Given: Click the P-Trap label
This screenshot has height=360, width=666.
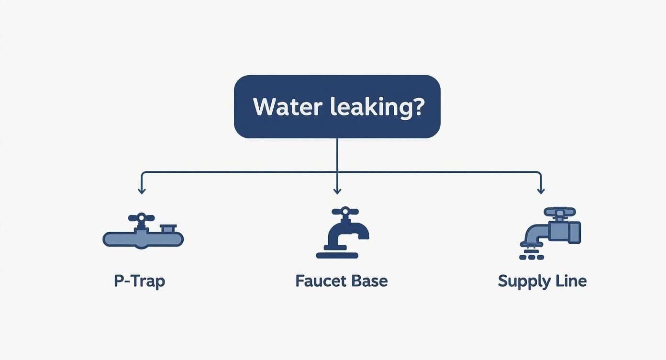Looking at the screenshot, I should point(139,281).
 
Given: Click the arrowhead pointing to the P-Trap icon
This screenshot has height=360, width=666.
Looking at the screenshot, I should point(141,191).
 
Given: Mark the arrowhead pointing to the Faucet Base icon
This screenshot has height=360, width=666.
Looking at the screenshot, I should point(337,191).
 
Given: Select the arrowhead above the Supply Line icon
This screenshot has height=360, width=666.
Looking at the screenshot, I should point(541,191).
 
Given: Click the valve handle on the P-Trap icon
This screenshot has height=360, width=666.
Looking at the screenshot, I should point(141,217).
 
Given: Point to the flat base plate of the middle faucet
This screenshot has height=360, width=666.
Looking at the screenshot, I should point(337,256).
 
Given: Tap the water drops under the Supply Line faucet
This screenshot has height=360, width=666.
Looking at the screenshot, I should point(531,254).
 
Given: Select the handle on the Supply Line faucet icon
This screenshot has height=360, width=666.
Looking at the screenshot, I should point(560,212).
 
